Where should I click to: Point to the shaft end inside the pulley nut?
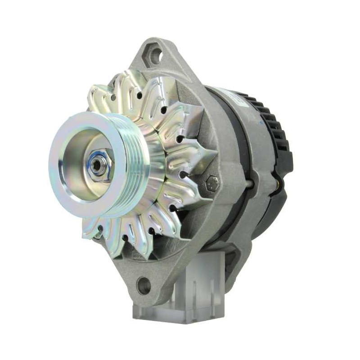pyautogui.click(x=95, y=165)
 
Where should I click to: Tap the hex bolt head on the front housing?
pyautogui.click(x=211, y=183)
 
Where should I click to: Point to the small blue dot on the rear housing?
pyautogui.click(x=262, y=122)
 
